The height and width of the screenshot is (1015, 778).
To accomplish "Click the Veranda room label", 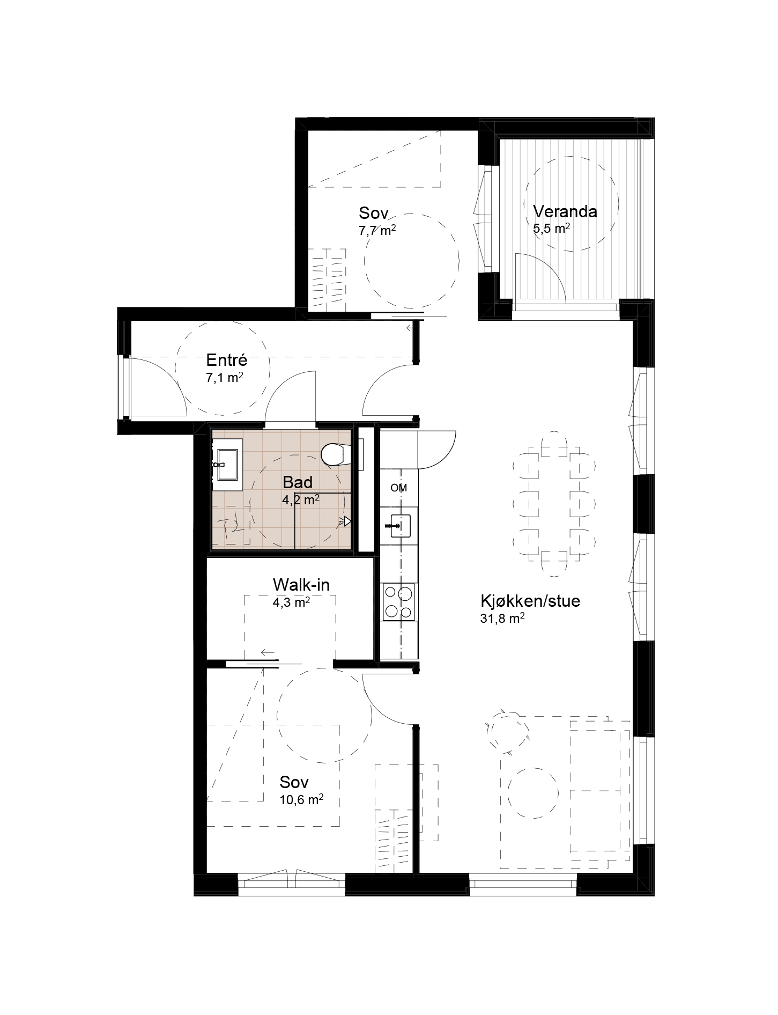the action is (x=565, y=211).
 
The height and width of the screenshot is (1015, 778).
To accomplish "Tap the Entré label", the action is (x=226, y=359).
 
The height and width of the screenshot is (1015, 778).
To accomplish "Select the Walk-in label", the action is (x=301, y=584).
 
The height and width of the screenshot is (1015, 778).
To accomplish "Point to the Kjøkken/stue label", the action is (x=530, y=601).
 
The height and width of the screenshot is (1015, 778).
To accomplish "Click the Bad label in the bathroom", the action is (x=298, y=482).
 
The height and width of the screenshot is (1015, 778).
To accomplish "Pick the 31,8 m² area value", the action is (x=502, y=619).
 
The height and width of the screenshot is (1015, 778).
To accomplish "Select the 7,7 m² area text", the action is (x=377, y=231).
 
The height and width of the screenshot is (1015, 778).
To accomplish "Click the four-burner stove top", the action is (x=398, y=602).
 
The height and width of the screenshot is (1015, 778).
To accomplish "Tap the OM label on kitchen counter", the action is (x=399, y=488).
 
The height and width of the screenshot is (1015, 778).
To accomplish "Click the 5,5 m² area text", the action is (x=551, y=229).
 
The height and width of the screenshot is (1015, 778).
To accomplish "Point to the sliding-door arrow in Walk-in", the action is (x=268, y=652).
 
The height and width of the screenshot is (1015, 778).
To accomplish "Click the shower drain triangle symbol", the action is (x=347, y=521).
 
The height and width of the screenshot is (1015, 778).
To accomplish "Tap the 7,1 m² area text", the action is (x=225, y=378).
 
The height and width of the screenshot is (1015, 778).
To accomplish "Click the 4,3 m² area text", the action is (x=292, y=602).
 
